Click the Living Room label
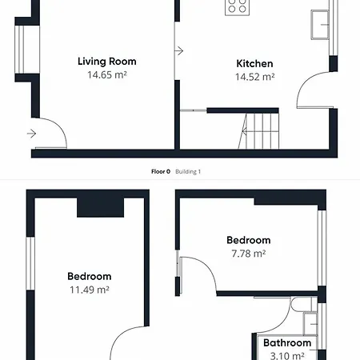[x=107, y=62]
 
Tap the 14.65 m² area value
[x=107, y=75]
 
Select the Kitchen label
[x=254, y=64]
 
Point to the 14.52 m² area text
[x=254, y=77]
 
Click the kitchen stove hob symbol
[x=237, y=7]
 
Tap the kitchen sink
[x=320, y=25]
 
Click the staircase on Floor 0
[x=258, y=131]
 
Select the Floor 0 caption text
[x=161, y=172]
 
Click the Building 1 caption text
[x=188, y=172]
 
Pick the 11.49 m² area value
[x=90, y=290]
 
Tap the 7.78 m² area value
[x=249, y=254]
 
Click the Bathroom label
[x=287, y=343]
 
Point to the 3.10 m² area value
[x=287, y=356]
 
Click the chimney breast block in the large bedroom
[x=101, y=207]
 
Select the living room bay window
[x=27, y=50]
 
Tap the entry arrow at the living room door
[x=31, y=134]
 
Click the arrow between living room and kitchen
[x=179, y=50]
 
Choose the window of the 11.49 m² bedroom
[x=30, y=263]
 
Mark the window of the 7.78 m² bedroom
[x=322, y=248]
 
